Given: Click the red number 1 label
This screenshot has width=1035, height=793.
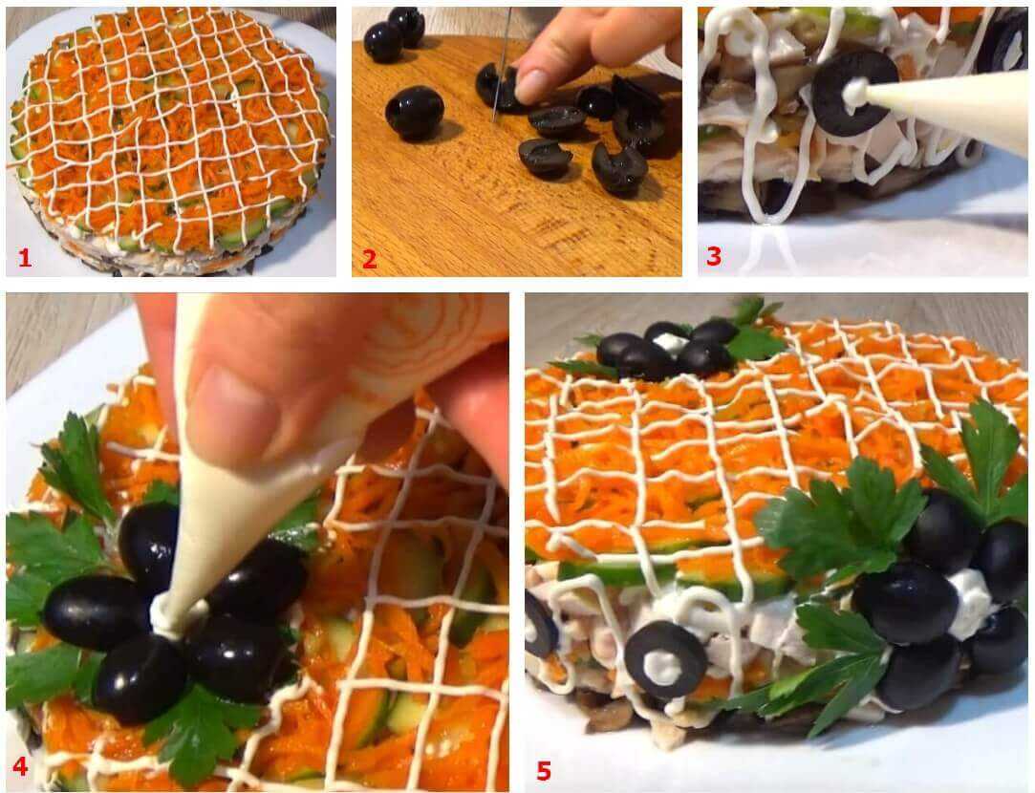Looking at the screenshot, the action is coord(25,258).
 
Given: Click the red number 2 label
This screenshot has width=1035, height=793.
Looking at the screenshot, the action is coord(370,259).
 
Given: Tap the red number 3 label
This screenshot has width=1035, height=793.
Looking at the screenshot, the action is coord(714,257).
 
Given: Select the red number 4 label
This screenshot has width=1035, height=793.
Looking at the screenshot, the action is coord(20,766).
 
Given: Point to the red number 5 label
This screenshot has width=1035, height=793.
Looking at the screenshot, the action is coord(543,770).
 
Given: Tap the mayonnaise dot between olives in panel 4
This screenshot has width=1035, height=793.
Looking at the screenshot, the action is coord(168,611).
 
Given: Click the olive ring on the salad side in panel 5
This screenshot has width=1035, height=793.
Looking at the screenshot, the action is coord(665,660).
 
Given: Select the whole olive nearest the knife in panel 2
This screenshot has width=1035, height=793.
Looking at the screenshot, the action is coord(414,113).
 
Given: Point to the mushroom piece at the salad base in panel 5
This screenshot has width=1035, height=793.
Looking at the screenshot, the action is coord(606,716).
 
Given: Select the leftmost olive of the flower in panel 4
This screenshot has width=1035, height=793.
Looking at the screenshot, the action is coord(96,613).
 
